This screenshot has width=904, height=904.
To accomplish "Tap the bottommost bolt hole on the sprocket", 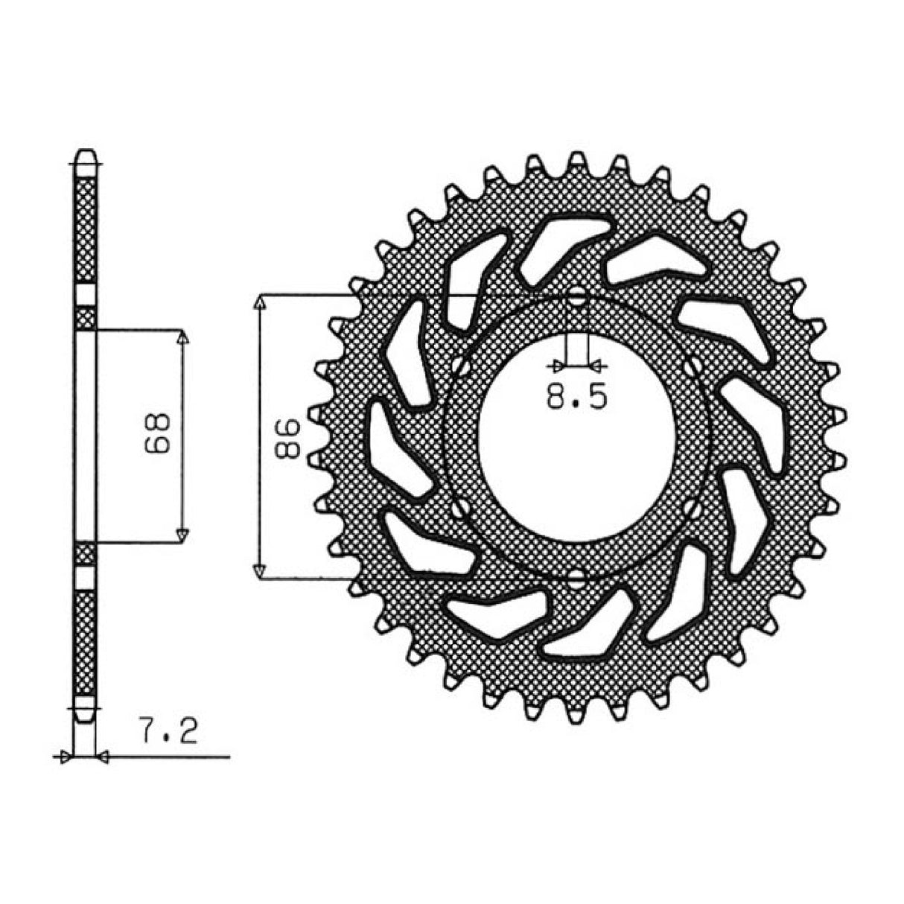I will click(x=577, y=579).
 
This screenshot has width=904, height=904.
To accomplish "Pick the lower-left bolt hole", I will click(x=459, y=511).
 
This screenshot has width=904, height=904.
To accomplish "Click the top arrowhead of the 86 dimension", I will click(x=259, y=302).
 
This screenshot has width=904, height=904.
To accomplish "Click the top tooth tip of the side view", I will click(x=86, y=151).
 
